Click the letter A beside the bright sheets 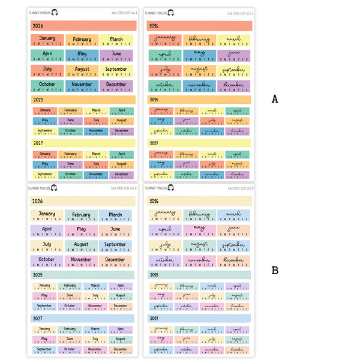click(x=275, y=99)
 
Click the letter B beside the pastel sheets click(x=275, y=271)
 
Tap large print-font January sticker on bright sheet click(x=47, y=41)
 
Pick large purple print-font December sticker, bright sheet click(x=116, y=86)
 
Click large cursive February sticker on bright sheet click(x=199, y=41)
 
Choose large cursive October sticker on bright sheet click(x=164, y=86)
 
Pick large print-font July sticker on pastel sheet click(x=47, y=246)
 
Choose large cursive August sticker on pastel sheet click(x=199, y=246)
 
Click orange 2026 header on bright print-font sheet click(x=83, y=26)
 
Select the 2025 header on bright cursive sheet click(x=199, y=100)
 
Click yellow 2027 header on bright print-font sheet click(x=83, y=143)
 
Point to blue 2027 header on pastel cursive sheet click(x=199, y=319)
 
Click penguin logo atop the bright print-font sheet click(x=55, y=12)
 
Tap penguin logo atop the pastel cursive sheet click(x=171, y=188)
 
